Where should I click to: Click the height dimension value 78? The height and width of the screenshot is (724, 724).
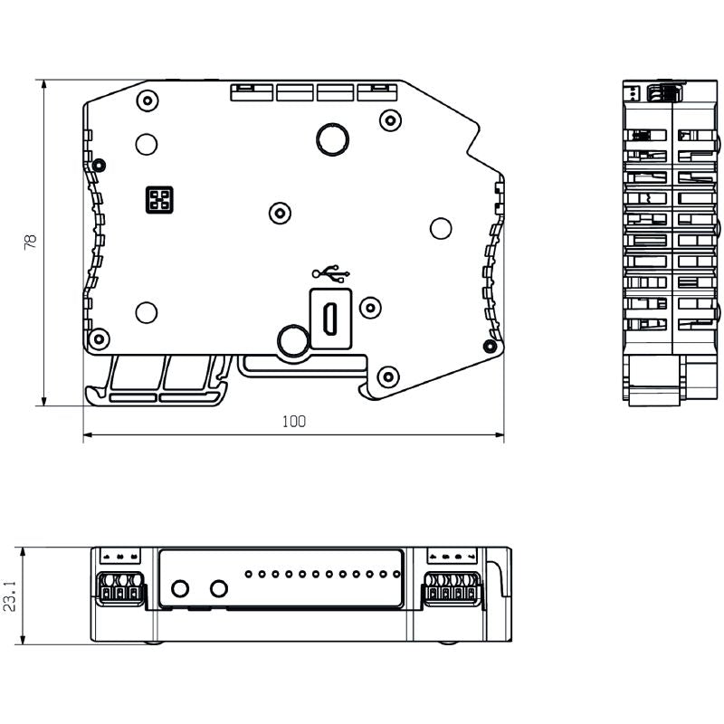point(30,242)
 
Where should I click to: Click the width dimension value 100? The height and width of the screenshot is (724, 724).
point(294,421)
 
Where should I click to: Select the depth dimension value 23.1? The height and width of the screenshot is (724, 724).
point(10,596)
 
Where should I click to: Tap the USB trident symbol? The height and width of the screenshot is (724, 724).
point(331,271)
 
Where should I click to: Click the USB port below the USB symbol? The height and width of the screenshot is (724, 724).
point(331,317)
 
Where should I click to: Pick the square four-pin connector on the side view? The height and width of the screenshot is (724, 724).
point(159,199)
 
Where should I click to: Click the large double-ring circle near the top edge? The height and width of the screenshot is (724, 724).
point(331,138)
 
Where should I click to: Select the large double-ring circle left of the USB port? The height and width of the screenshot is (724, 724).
point(292,340)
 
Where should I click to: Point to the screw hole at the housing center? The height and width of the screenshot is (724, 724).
point(281,213)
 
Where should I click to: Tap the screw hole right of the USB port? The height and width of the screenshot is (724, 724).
point(370,308)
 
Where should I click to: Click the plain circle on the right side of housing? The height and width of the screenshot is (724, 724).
point(441,228)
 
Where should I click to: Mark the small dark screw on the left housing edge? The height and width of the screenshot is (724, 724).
point(99,165)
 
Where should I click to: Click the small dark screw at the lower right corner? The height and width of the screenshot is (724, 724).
point(490,346)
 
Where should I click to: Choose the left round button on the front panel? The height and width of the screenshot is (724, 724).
point(180,589)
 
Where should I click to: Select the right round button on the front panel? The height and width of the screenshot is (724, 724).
point(218,589)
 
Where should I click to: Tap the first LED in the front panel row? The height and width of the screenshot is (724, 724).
point(248,574)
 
